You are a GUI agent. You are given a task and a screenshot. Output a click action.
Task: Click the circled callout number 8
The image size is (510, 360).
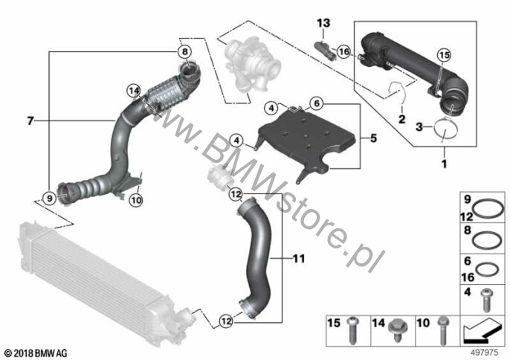click(x=184, y=51)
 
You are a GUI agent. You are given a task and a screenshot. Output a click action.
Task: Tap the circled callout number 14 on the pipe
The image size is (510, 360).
click(x=134, y=91)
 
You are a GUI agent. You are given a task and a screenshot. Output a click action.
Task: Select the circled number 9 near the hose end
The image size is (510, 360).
click(x=49, y=198)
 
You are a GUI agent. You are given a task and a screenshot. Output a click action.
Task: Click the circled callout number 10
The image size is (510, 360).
click(x=136, y=200)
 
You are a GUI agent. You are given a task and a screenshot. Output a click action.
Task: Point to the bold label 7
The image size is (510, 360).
click(x=30, y=121)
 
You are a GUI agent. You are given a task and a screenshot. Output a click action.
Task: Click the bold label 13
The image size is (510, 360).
click(x=323, y=23)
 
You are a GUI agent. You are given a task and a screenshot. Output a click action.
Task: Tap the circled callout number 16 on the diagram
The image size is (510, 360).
click(x=343, y=51)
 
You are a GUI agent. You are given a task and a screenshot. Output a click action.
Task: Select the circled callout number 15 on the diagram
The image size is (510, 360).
click(x=444, y=55)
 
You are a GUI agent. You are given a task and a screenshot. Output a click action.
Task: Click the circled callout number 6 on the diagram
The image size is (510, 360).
click(x=317, y=103)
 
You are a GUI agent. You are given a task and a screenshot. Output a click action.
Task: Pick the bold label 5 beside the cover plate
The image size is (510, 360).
click(x=373, y=138)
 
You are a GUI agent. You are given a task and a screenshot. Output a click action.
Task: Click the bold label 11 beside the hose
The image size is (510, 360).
click(x=299, y=258)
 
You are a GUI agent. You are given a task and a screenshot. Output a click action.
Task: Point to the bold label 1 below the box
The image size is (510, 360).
click(x=445, y=164)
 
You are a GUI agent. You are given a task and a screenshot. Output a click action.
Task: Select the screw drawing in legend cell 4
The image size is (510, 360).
click(x=486, y=300)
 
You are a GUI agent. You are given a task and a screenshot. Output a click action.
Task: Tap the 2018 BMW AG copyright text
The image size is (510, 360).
click(x=36, y=353)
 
